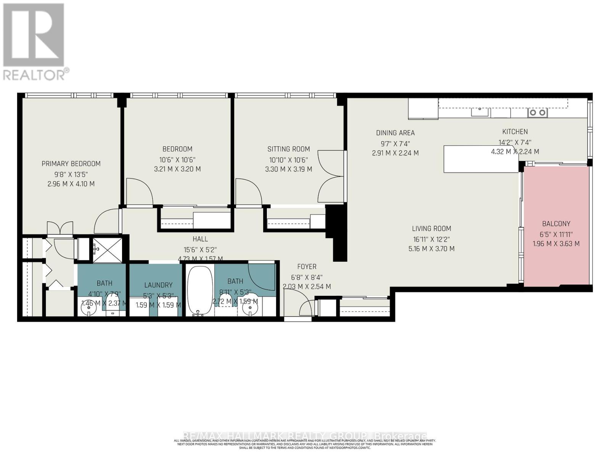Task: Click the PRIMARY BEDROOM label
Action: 71,164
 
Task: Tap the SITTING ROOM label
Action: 289,149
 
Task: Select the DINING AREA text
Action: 395,133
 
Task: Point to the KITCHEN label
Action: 515,132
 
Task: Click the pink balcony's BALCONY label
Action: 556,224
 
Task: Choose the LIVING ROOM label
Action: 431,229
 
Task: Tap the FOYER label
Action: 307,267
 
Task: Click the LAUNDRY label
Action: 158,285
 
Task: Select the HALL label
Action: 200,239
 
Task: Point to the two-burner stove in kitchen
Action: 537,112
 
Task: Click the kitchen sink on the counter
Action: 480,111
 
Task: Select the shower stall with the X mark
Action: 108,250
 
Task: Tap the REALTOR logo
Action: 34,42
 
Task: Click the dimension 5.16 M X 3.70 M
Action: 431,249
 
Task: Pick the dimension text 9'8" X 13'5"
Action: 71,174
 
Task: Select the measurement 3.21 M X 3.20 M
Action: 177,169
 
